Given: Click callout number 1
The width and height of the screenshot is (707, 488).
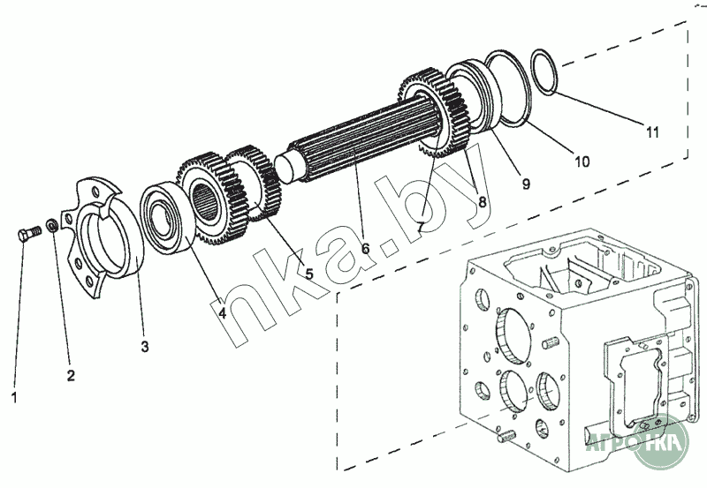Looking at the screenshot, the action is [x=13, y=397].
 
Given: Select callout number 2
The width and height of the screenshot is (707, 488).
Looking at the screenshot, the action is [x=71, y=375].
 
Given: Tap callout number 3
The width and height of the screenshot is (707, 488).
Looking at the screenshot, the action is [x=145, y=346].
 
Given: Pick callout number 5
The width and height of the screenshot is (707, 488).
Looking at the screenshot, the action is [x=308, y=274].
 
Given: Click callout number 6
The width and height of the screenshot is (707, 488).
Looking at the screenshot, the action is [x=365, y=248].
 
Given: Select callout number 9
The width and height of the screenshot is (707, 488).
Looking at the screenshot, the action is [x=525, y=184].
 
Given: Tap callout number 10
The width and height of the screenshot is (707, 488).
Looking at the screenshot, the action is [x=581, y=161].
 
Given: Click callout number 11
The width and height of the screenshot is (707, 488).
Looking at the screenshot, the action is [x=651, y=132].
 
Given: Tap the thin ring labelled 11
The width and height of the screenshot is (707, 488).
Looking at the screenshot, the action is [x=544, y=71].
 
